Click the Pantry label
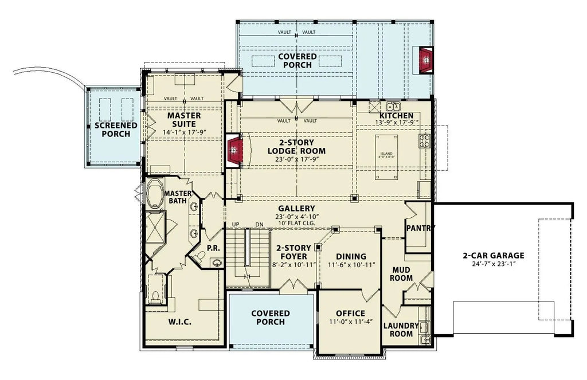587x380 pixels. click(421, 228)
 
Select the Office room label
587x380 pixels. click(350, 314)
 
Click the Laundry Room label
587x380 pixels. click(405, 330)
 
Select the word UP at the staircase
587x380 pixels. click(236, 224)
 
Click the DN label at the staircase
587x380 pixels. click(259, 224)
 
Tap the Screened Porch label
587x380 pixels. click(116, 130)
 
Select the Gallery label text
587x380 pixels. click(296, 208)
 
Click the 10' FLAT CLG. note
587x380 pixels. click(296, 224)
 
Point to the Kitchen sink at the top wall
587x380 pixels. click(393, 106)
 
